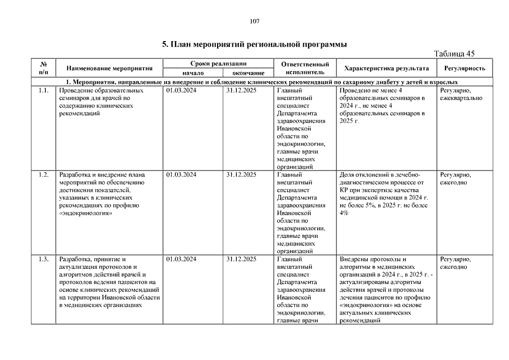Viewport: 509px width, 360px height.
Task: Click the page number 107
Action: tap(254, 21)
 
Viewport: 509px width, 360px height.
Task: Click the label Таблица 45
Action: tap(454, 54)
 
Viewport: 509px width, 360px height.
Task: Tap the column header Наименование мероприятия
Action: tap(110, 68)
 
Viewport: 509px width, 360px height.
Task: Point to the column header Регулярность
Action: tap(464, 68)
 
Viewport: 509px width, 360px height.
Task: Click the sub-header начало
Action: tap(192, 73)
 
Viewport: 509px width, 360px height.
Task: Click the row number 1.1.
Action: tap(43, 90)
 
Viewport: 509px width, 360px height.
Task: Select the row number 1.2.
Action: tap(43, 174)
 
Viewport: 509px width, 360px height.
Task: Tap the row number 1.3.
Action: tap(43, 259)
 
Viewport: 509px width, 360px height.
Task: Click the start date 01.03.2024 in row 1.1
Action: tap(181, 90)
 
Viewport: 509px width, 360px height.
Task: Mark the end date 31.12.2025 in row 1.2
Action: tap(241, 174)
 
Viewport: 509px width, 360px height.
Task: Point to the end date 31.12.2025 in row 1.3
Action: tap(241, 259)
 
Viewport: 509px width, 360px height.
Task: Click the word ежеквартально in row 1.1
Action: tap(461, 98)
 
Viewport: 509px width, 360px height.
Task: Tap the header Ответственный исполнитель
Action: tap(305, 68)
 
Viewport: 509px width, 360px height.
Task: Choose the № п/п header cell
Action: tap(43, 68)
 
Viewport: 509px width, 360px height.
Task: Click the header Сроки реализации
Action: tap(219, 64)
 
